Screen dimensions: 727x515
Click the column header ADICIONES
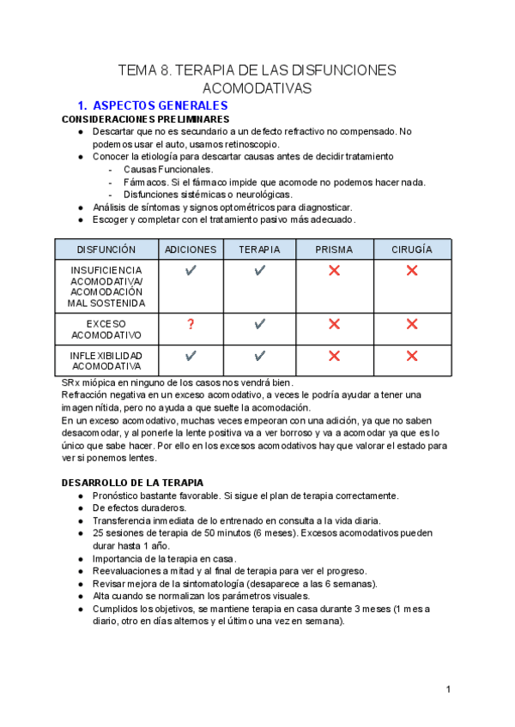[191, 249]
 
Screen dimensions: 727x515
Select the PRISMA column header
[334, 249]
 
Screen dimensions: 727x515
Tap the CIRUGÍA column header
[412, 249]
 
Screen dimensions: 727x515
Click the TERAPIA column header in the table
[259, 249]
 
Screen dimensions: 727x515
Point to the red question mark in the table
[191, 324]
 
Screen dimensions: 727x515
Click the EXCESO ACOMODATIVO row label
[106, 330]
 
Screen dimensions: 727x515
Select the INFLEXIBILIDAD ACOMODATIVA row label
[106, 361]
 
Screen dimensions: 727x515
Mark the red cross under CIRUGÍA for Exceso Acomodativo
[412, 324]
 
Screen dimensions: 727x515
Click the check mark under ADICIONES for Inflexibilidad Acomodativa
[191, 355]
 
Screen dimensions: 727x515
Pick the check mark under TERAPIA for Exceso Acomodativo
[259, 324]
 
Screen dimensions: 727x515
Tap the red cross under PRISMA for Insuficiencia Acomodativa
[334, 271]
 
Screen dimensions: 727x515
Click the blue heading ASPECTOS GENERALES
[160, 105]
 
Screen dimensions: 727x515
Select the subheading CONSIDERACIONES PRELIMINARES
[145, 119]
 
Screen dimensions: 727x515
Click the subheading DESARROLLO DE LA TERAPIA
[132, 483]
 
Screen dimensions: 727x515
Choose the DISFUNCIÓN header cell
[106, 249]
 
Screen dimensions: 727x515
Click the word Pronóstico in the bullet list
[120, 496]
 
